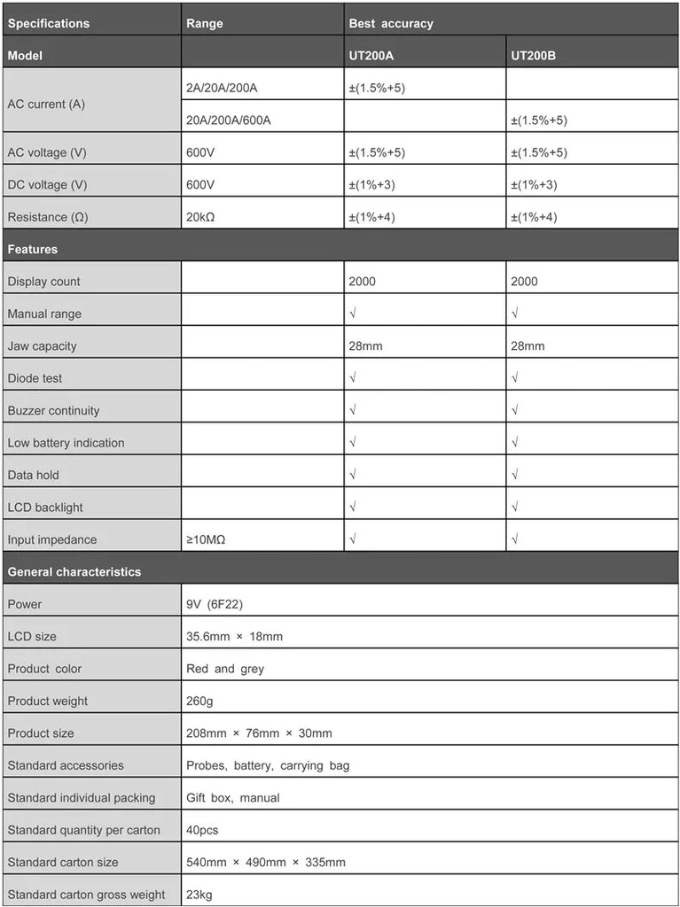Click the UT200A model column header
(371, 56)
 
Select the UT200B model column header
(533, 56)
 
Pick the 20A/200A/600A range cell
(228, 120)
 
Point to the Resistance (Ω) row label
(49, 217)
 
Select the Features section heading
(33, 249)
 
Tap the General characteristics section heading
(74, 571)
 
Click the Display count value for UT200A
(362, 282)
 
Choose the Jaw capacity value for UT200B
(528, 345)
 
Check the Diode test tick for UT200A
(353, 378)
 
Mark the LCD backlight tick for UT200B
(515, 508)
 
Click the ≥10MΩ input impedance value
(206, 539)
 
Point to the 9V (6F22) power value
(215, 604)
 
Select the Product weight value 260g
(199, 701)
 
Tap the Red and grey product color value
(225, 669)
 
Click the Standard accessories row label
(66, 765)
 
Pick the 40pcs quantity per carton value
(202, 830)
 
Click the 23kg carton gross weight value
(199, 895)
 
